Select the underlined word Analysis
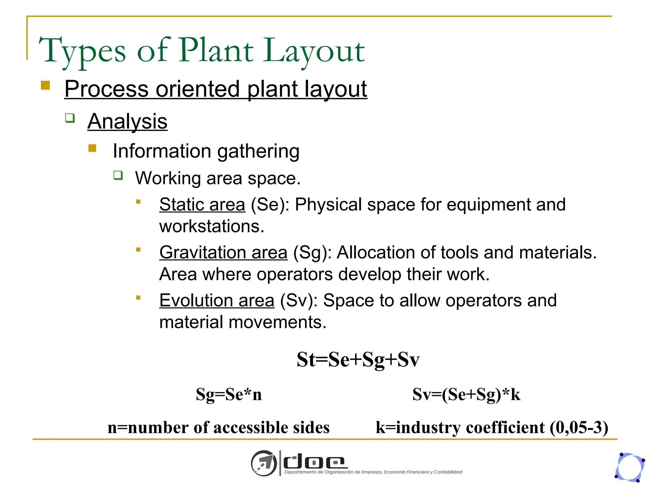pyautogui.click(x=127, y=121)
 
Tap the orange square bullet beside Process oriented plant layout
pyautogui.click(x=45, y=85)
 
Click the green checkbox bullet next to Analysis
pyautogui.click(x=70, y=118)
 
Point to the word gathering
pyautogui.click(x=258, y=151)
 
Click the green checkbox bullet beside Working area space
pyautogui.click(x=118, y=175)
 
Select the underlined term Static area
pyautogui.click(x=202, y=204)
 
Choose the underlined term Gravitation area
pyautogui.click(x=223, y=253)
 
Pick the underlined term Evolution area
pyautogui.click(x=217, y=301)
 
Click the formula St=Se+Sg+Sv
pyautogui.click(x=358, y=360)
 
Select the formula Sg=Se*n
pyautogui.click(x=229, y=395)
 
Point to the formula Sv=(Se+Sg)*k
pyautogui.click(x=466, y=395)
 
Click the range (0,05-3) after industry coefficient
pyautogui.click(x=579, y=428)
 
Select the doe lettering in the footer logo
pyautogui.click(x=314, y=462)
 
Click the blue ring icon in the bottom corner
pyautogui.click(x=630, y=467)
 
